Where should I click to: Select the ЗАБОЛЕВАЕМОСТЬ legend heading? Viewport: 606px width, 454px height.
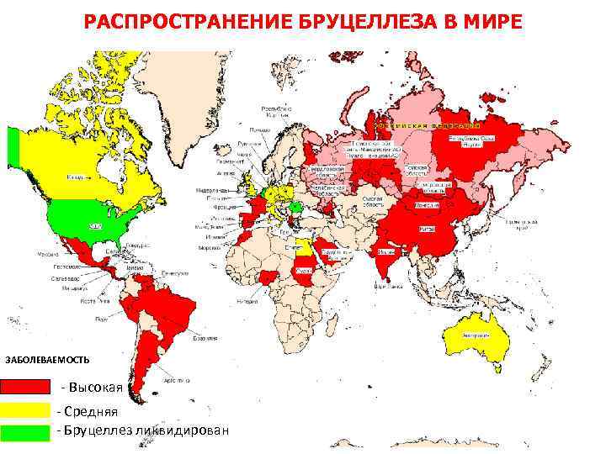[x=47, y=360]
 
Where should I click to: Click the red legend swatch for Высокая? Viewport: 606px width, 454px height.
[x=25, y=387]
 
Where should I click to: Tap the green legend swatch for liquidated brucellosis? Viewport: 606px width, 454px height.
[x=25, y=431]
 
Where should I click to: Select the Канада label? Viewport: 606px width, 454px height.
[x=76, y=178]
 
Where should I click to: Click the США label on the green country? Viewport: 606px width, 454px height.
[x=95, y=226]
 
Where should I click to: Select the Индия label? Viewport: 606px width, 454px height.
[x=387, y=251]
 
